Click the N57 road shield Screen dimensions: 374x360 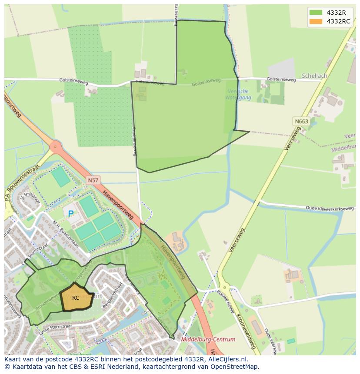coord(92,180)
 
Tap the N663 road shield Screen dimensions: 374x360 coord(301,122)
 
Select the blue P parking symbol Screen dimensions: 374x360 coord(70,213)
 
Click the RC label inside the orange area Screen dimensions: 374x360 coord(76,298)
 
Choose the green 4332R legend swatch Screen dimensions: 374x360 coord(316,13)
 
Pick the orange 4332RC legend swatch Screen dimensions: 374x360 coord(316,21)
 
